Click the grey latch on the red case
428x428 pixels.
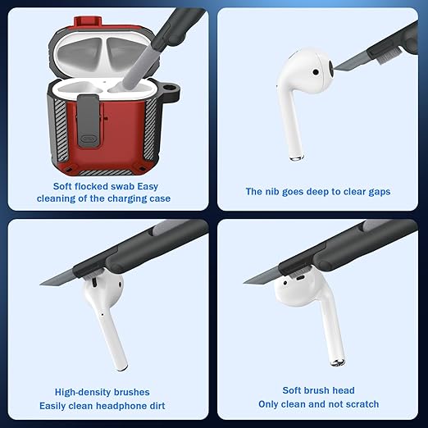click(x=89, y=121)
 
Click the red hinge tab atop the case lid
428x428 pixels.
click(x=88, y=21)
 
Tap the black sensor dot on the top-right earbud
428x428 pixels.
click(x=316, y=72)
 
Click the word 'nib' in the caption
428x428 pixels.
click(x=272, y=192)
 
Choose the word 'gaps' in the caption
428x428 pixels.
click(x=380, y=192)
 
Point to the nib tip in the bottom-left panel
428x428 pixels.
click(x=40, y=285)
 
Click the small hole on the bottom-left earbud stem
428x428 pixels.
click(x=102, y=314)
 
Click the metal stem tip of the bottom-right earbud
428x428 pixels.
click(x=337, y=362)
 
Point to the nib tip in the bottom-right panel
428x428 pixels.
click(x=244, y=282)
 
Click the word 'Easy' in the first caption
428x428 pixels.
click(x=148, y=187)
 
